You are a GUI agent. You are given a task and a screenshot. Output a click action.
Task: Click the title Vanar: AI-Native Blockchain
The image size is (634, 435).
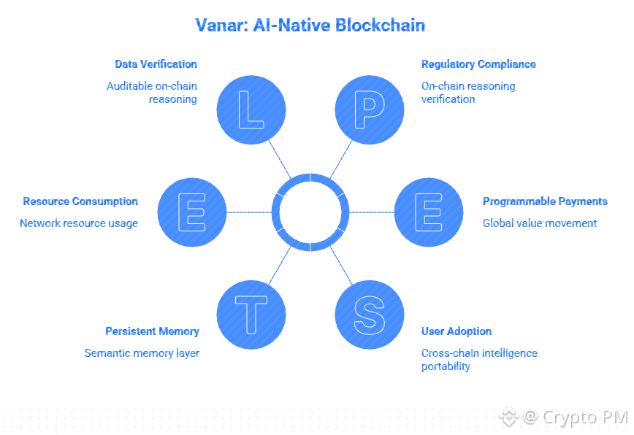tap(310, 26)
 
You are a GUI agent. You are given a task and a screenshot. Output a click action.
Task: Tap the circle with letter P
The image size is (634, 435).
tap(369, 109)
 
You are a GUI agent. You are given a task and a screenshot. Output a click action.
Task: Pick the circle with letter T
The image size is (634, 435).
tap(251, 314)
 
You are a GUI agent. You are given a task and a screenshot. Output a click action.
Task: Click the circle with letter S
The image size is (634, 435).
tap(369, 314)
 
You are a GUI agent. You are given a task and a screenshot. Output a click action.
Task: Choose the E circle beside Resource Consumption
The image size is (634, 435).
tap(192, 212)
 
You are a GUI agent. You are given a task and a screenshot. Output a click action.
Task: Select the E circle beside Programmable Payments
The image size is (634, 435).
tap(429, 212)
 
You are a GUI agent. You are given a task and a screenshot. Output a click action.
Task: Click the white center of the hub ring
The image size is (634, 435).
tap(310, 212)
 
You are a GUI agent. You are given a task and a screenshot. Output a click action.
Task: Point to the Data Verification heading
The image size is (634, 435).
tap(156, 64)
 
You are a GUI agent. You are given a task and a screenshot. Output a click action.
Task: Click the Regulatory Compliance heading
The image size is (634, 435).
tap(478, 64)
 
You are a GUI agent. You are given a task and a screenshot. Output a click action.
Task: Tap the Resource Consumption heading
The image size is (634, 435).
tap(80, 201)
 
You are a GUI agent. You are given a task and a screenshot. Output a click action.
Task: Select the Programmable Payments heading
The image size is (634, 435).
tap(545, 201)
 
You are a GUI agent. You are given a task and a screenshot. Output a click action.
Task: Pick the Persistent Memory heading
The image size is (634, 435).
tap(152, 331)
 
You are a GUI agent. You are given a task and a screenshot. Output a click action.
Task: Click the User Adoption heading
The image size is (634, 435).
tap(457, 331)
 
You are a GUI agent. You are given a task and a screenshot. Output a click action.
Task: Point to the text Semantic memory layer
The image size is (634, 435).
tap(142, 353)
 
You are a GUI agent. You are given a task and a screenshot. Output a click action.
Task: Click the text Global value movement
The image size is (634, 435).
tap(540, 223)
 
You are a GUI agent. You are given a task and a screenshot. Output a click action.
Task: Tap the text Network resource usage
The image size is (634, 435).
tap(79, 223)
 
